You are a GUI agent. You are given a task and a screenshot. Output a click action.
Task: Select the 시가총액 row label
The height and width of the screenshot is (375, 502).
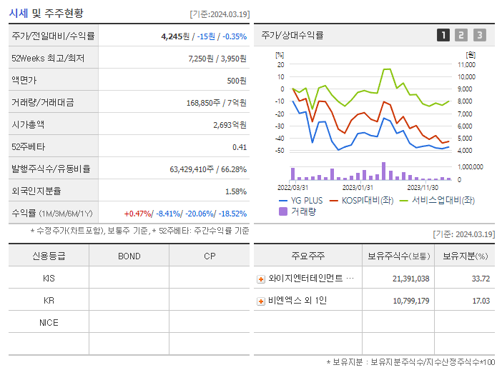tap(28, 124)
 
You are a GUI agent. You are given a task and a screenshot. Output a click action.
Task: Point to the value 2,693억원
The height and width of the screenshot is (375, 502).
tap(230, 124)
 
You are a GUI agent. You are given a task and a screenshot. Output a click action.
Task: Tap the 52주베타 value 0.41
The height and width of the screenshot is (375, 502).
tap(239, 146)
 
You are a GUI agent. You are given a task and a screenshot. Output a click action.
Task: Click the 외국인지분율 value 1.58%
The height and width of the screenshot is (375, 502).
tap(235, 191)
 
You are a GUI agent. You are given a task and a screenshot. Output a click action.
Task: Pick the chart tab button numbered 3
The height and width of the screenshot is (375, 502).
tap(479, 35)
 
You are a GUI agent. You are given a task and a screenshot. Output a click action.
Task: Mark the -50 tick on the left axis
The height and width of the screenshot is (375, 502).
tap(280, 151)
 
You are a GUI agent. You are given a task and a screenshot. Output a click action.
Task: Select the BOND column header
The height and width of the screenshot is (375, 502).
tap(129, 256)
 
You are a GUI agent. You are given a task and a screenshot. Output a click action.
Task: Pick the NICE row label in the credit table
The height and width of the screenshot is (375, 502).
tap(49, 322)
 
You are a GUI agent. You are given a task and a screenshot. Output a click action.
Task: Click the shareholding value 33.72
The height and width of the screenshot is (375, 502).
tap(481, 279)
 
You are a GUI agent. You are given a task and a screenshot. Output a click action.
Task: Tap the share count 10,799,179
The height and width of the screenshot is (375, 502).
tap(410, 301)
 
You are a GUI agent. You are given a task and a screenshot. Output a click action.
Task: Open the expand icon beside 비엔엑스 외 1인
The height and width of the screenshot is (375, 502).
tap(261, 301)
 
